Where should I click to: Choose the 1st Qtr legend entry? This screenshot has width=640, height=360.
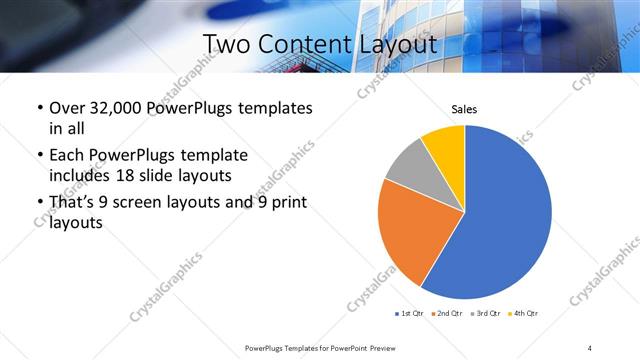tap(411, 313)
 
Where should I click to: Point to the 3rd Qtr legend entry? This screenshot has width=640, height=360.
tap(486, 313)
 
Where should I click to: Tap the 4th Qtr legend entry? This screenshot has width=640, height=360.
tap(523, 313)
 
